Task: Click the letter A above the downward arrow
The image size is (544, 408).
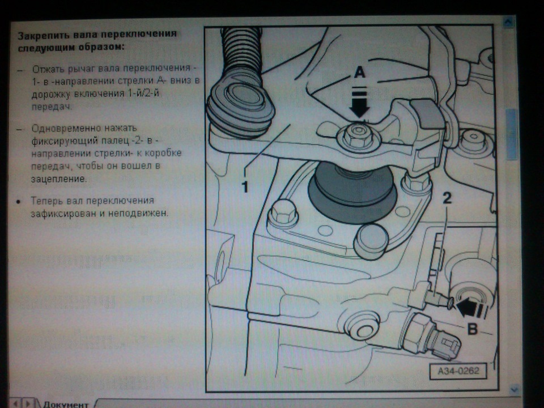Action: [x=360, y=73]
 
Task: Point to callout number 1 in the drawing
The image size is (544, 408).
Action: [x=245, y=186]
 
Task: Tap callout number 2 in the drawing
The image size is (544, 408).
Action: [x=447, y=198]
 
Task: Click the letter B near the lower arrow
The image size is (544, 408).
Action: [x=473, y=329]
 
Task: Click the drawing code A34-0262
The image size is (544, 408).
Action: [x=458, y=371]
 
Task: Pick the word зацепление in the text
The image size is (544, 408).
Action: [x=59, y=179]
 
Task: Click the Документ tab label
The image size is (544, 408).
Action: [x=66, y=404]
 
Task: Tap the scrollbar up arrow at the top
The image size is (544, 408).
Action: [x=508, y=22]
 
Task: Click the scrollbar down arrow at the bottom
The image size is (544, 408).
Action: [x=513, y=389]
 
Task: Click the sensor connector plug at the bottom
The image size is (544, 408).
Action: [x=448, y=347]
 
